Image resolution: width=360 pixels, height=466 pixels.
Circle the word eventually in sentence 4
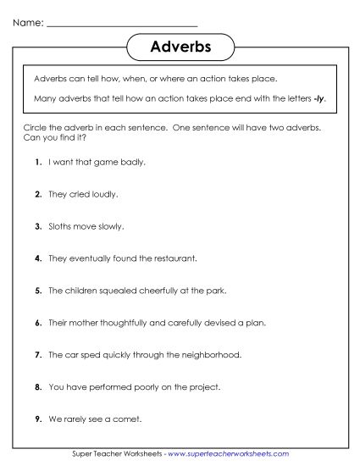click(x=91, y=258)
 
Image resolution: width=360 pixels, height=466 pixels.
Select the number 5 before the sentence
click(x=38, y=291)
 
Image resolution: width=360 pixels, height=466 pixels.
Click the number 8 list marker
click(x=38, y=387)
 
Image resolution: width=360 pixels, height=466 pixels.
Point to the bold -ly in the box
click(x=318, y=98)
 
